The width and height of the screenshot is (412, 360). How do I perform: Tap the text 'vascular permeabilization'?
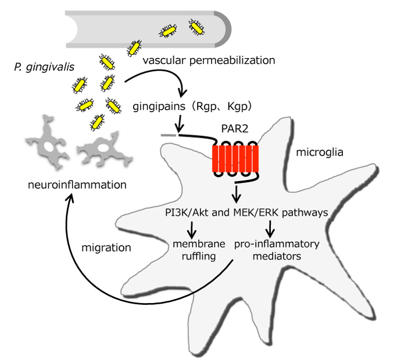[209, 60]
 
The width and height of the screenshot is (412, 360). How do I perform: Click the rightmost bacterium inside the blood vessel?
[196, 26]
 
